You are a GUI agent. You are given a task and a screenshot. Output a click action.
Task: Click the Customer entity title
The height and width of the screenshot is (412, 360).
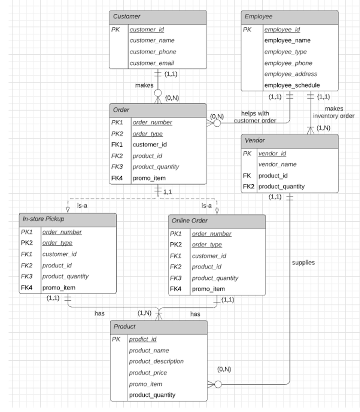(127, 16)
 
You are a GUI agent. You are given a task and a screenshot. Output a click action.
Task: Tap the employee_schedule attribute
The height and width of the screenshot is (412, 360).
(292, 85)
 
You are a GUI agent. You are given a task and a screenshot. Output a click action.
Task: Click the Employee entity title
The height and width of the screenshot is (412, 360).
(258, 16)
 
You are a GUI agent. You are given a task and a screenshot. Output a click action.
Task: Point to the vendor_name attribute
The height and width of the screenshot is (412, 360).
(277, 164)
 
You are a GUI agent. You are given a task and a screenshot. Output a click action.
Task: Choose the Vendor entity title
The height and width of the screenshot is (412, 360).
(254, 140)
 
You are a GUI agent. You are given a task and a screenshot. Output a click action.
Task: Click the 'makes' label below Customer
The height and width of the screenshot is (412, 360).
(144, 85)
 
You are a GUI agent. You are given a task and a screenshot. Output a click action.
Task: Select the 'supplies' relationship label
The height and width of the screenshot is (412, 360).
(303, 263)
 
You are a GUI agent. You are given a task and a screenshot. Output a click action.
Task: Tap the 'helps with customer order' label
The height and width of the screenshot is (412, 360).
(255, 117)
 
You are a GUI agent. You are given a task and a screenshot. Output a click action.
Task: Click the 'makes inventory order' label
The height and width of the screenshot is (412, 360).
(333, 112)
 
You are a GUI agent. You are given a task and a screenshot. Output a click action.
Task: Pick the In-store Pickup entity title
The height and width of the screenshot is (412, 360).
(43, 219)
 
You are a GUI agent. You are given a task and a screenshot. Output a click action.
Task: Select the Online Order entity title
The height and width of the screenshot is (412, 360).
(190, 221)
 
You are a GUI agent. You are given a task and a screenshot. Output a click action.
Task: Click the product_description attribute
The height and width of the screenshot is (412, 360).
(156, 361)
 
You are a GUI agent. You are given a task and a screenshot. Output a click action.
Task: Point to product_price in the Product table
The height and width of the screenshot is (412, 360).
(148, 373)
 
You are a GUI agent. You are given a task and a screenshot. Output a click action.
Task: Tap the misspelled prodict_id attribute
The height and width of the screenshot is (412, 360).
(142, 339)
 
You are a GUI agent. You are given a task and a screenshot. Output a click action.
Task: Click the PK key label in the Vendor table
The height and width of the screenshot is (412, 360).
(247, 153)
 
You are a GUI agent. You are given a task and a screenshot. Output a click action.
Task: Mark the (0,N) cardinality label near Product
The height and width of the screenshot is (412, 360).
(224, 369)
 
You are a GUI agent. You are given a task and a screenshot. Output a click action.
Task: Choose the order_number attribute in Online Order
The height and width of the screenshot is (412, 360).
(212, 234)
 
